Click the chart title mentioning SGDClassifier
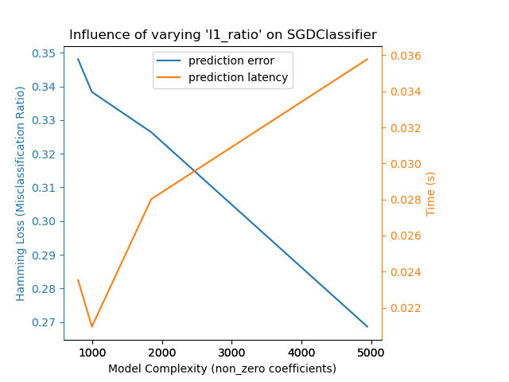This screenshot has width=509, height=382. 223,35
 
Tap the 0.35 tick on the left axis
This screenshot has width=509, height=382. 45,53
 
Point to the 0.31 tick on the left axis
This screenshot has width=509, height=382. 45,188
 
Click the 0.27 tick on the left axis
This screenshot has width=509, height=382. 45,322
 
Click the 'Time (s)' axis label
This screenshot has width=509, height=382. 431,193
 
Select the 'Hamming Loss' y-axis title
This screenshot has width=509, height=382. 21,193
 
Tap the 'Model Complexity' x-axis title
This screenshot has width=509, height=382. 222,368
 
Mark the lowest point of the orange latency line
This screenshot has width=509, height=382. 92,326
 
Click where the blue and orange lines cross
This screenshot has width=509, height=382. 195,170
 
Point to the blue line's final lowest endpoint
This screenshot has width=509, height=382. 367,326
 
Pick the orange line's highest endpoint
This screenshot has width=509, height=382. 367,59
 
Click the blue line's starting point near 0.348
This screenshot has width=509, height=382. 78,59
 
